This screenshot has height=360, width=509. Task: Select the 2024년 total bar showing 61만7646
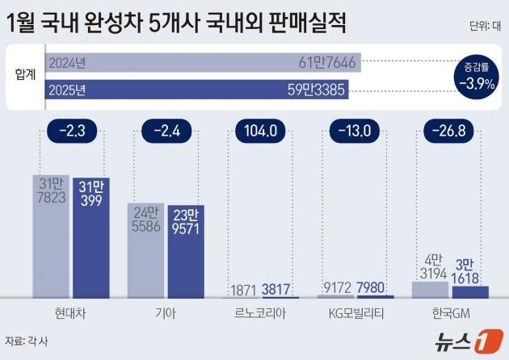pyautogui.click(x=203, y=62)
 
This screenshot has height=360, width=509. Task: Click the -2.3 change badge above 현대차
pyautogui.click(x=72, y=131)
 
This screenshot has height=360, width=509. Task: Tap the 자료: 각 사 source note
pyautogui.click(x=27, y=340)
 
